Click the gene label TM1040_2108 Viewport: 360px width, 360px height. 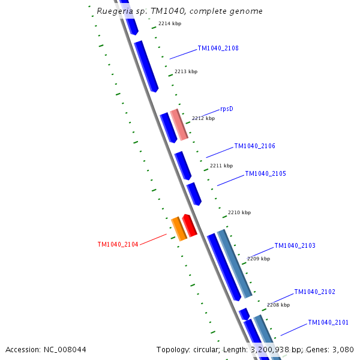tap(218, 49)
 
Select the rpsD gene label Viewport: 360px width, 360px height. tap(226, 109)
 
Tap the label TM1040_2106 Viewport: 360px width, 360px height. tap(254, 146)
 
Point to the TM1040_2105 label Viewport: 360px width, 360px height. tap(265, 174)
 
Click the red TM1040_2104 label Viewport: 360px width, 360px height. tap(118, 245)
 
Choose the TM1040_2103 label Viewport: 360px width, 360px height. tap(295, 246)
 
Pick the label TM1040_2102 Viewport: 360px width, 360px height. tap(314, 292)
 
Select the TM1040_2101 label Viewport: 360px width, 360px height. tap(328, 323)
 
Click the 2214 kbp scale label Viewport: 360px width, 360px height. tap(170, 24)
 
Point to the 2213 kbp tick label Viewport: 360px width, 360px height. tap(186, 71)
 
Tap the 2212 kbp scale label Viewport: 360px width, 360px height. tap(203, 119)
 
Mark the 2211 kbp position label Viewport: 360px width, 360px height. tap(221, 166)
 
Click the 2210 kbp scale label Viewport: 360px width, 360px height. tap(239, 212)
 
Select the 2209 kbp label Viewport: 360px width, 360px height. tap(259, 259)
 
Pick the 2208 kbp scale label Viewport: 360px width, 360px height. tap(278, 305)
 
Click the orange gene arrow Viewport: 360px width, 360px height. tap(179, 229)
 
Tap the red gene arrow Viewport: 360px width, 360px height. tap(190, 225)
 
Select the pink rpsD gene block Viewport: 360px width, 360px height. tap(179, 124)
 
